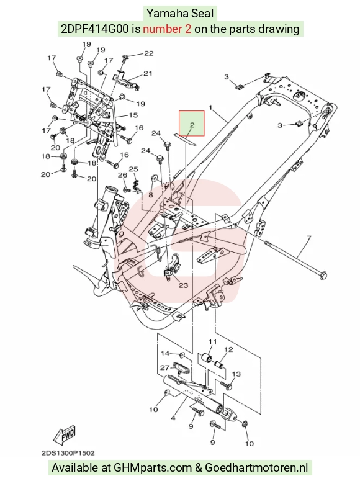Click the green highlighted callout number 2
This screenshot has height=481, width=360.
click(192, 125)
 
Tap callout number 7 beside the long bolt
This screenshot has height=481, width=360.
click(308, 238)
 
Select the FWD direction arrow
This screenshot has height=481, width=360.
click(65, 436)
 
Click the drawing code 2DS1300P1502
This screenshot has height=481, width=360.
click(68, 453)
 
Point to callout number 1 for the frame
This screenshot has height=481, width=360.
click(210, 107)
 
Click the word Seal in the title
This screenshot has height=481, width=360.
click(202, 14)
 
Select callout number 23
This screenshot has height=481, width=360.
click(183, 285)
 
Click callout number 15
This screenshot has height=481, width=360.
click(133, 115)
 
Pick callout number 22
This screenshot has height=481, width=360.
click(148, 53)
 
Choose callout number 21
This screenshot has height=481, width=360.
click(148, 73)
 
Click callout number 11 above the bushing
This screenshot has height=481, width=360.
click(213, 342)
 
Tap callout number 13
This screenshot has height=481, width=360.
click(236, 374)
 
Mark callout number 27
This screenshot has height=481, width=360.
click(165, 367)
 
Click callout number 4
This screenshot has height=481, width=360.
click(173, 418)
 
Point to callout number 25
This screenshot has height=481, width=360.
click(133, 169)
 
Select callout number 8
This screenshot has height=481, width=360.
click(151, 194)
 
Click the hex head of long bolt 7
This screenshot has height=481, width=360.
click(323, 275)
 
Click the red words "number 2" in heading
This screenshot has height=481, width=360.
click(167, 29)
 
